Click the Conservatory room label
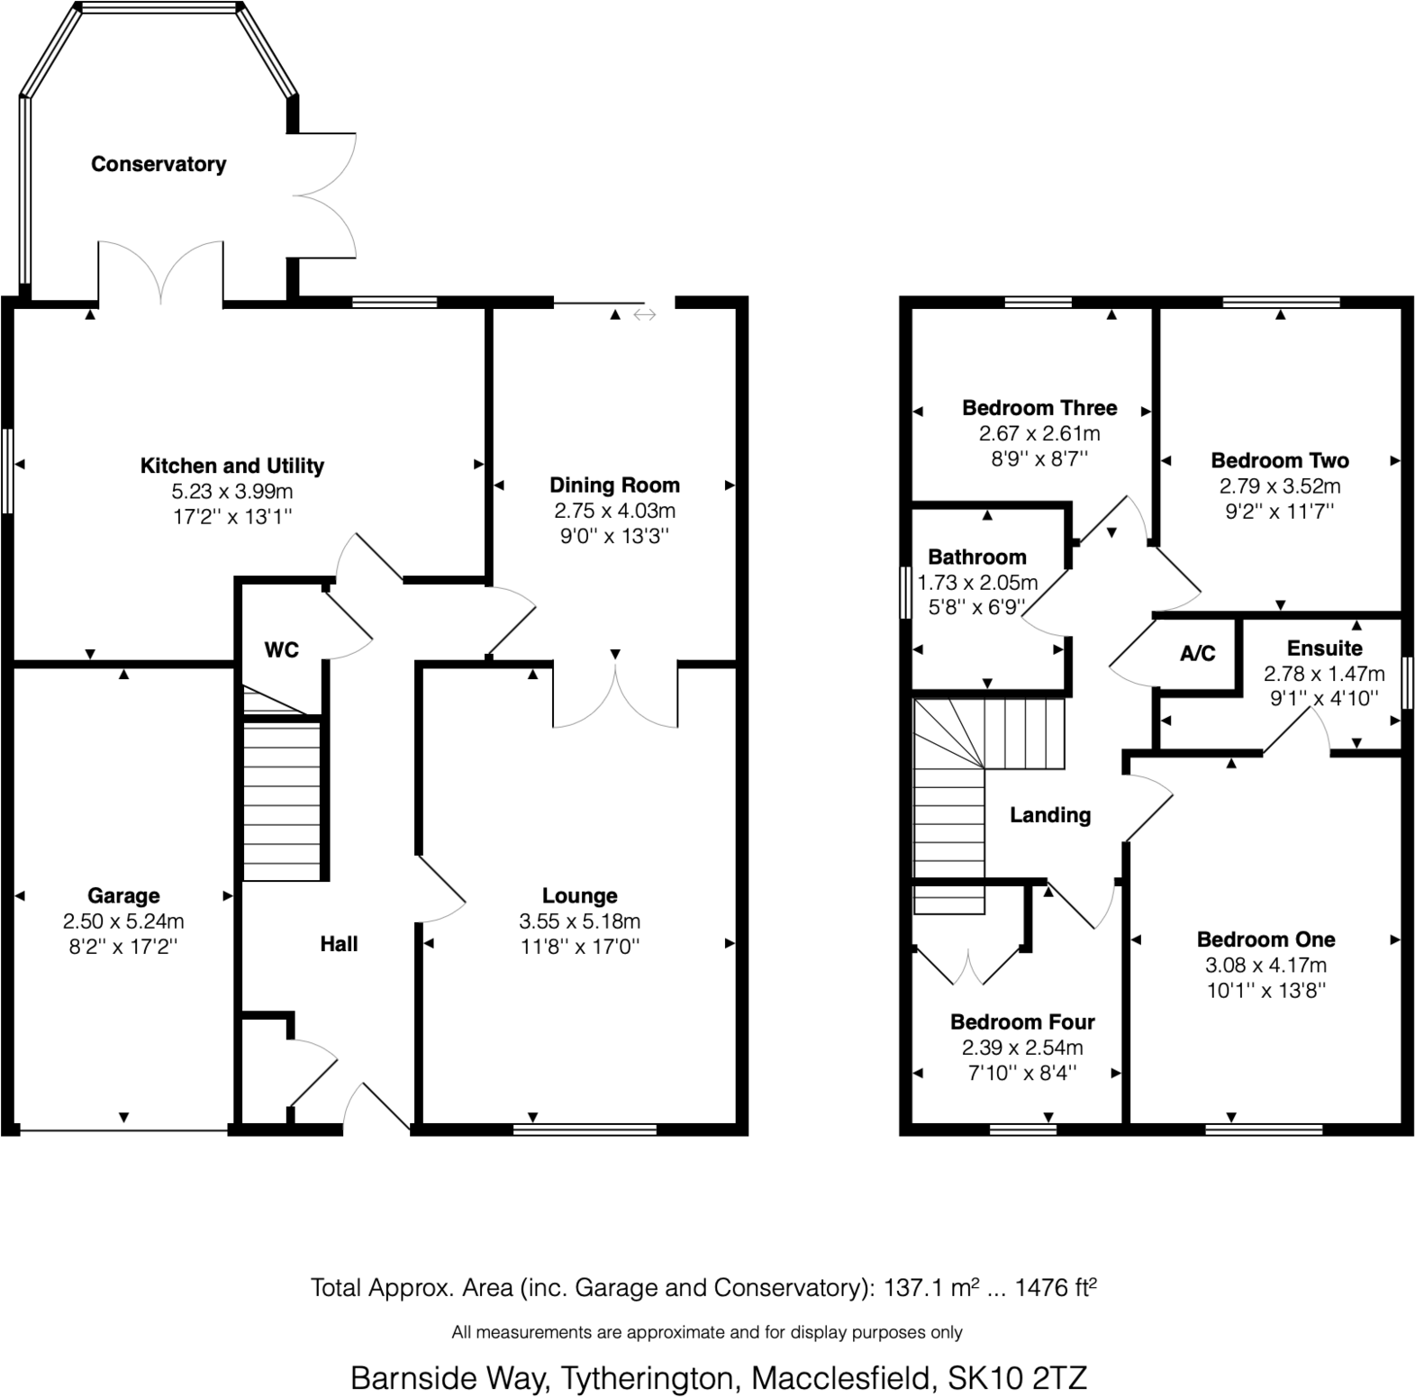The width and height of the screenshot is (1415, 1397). (x=159, y=164)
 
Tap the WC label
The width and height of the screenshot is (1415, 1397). (x=281, y=649)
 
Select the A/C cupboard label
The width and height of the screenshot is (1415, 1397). (x=1197, y=653)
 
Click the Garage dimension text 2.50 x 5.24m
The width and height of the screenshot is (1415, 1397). (x=123, y=921)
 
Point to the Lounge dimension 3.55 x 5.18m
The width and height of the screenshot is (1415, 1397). (x=579, y=921)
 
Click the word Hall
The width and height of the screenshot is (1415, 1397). (x=339, y=944)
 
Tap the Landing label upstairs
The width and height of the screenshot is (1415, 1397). (x=1049, y=815)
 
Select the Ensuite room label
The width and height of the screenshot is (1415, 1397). (x=1324, y=649)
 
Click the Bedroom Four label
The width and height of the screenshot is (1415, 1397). (x=1022, y=1022)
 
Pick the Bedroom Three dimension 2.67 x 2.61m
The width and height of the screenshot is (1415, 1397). (x=1039, y=433)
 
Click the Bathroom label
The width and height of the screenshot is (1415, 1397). (x=976, y=557)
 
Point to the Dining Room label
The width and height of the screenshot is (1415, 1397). (x=614, y=485)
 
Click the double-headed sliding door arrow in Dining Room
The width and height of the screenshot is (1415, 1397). (x=645, y=314)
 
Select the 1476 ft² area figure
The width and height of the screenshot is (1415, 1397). (x=1056, y=1288)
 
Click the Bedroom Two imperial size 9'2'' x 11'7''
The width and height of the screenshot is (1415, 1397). (x=1279, y=512)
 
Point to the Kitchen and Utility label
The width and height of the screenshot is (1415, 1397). (x=231, y=466)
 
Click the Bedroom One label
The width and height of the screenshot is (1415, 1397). (x=1265, y=939)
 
